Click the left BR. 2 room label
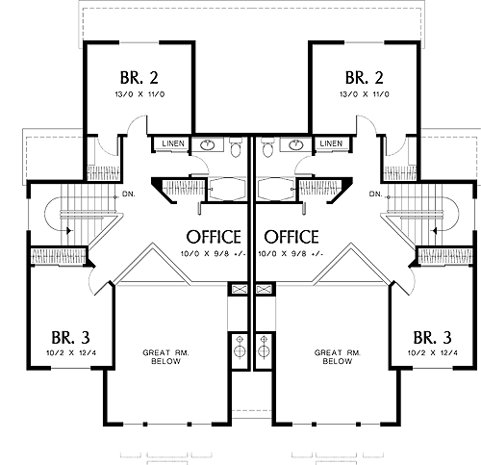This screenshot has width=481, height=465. point(139,78)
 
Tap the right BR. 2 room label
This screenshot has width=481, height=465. point(365,78)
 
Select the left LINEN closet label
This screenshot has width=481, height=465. point(173,143)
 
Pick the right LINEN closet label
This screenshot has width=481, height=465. point(331,143)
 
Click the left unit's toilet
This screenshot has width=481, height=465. point(236,147)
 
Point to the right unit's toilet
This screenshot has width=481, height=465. point(267,147)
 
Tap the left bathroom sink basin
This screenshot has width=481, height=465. point(208,145)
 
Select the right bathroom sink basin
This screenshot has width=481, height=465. point(295,145)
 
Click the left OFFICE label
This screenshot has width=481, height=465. point(214,237)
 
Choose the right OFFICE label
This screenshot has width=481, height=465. point(291,237)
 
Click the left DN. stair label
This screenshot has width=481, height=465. point(129,194)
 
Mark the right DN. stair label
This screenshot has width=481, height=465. point(376,194)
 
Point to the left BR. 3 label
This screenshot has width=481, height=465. point(70,338)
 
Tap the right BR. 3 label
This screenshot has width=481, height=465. point(433,338)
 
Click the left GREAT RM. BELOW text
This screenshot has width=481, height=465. point(165,357)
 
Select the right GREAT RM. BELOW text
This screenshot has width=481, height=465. point(338,357)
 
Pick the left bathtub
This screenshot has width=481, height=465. point(227,189)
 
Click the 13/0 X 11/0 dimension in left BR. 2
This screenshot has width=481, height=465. point(139,94)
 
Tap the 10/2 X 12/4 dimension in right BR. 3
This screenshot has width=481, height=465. point(433,353)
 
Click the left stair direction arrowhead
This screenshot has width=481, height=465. point(68,230)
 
